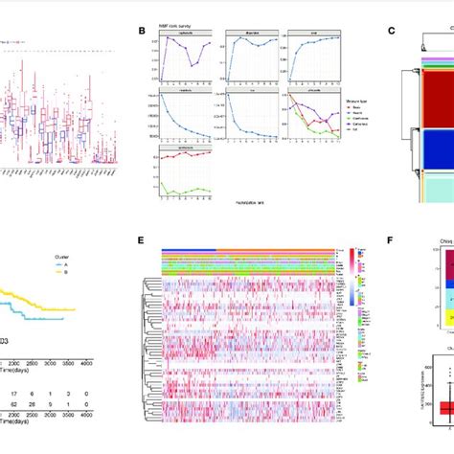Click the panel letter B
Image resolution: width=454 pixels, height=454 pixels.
[x=141, y=30]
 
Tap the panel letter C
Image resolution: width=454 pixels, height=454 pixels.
[x=391, y=30]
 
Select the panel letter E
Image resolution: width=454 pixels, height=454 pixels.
[x=141, y=243]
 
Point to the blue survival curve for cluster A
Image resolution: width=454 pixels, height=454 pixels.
[x=38, y=291]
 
